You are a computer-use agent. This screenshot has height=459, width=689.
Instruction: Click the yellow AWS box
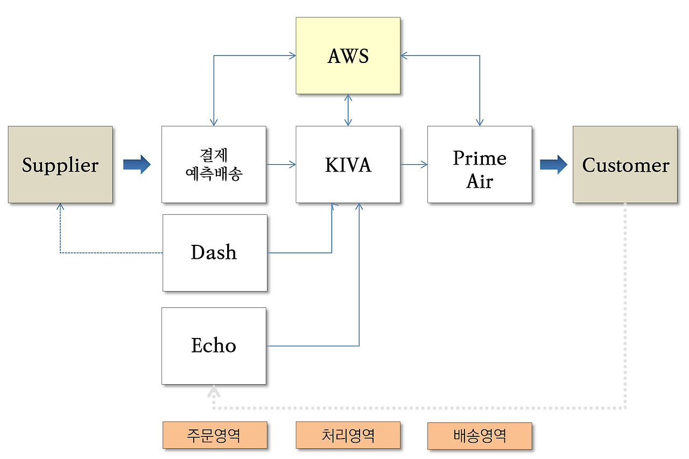point(348,55)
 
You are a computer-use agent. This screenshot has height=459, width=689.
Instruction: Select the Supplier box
point(60,165)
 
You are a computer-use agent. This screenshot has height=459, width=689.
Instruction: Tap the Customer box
point(625,165)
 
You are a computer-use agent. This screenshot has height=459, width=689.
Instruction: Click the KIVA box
point(348,165)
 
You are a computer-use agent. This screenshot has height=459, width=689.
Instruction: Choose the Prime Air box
point(480,165)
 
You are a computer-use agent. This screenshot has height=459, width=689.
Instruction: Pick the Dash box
point(215,253)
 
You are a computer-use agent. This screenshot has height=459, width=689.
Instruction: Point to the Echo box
point(214,346)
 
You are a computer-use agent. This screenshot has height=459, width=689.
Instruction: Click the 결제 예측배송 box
point(214,165)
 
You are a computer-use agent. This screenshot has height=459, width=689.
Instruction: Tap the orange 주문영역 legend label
point(215,435)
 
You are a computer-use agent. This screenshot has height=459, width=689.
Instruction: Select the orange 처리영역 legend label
point(348,435)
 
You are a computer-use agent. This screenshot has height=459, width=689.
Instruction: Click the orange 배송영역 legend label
point(480,435)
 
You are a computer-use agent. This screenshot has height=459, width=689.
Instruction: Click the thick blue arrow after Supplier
point(137,164)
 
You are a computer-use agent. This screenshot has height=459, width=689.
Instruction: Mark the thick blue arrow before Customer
point(553,164)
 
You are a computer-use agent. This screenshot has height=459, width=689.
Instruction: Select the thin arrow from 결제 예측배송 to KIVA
point(281,164)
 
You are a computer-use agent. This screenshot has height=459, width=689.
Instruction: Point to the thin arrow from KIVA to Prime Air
point(413,164)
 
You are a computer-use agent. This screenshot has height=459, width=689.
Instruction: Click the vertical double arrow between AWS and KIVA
point(348,110)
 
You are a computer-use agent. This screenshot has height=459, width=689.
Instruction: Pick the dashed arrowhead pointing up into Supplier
point(60,206)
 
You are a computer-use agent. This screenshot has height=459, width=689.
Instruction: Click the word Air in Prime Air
point(480,181)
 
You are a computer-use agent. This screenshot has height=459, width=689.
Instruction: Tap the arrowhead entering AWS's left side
point(292,55)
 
